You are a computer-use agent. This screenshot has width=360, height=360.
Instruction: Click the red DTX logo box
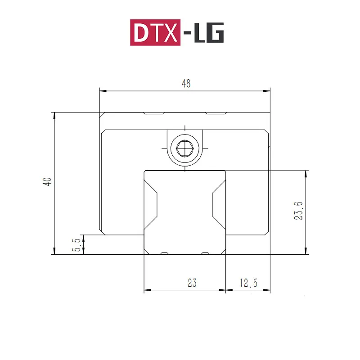pos(155,32)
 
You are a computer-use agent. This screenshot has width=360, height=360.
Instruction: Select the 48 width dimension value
pos(186,83)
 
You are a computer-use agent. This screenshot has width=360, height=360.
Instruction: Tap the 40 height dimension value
pos(47,181)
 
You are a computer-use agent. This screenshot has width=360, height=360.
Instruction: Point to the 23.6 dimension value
pos(298,210)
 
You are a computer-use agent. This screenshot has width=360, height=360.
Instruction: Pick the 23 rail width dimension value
pos(192,283)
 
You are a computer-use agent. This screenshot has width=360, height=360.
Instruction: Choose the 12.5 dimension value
pos(248,283)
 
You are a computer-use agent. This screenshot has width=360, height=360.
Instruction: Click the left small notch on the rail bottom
pos(165,253)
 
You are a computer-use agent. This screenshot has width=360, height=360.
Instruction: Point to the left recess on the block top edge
pos(153,113)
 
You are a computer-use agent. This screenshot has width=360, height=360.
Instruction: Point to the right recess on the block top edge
pos(216,113)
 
